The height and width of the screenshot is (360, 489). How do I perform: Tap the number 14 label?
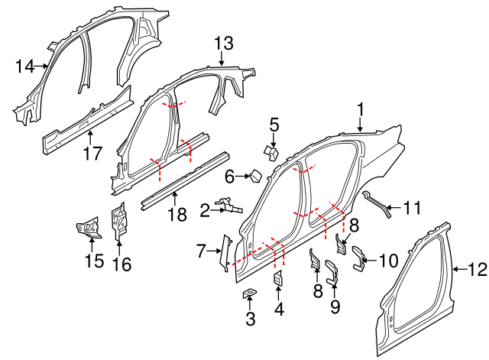click(24, 66)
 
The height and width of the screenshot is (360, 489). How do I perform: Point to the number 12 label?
click(478, 268)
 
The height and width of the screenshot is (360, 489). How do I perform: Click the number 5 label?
click(274, 123)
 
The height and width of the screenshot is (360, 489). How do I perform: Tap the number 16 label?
click(121, 264)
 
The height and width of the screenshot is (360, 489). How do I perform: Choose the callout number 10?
click(388, 261)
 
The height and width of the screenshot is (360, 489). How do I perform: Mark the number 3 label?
click(251, 319)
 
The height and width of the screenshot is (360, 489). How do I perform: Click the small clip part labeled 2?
click(228, 205)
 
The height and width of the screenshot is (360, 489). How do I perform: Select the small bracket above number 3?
click(250, 294)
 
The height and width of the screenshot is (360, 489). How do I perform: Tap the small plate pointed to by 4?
click(278, 279)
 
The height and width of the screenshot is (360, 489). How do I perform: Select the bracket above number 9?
click(333, 274)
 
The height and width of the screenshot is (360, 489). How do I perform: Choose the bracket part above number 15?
click(89, 226)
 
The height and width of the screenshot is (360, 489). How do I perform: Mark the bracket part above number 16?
click(119, 222)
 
